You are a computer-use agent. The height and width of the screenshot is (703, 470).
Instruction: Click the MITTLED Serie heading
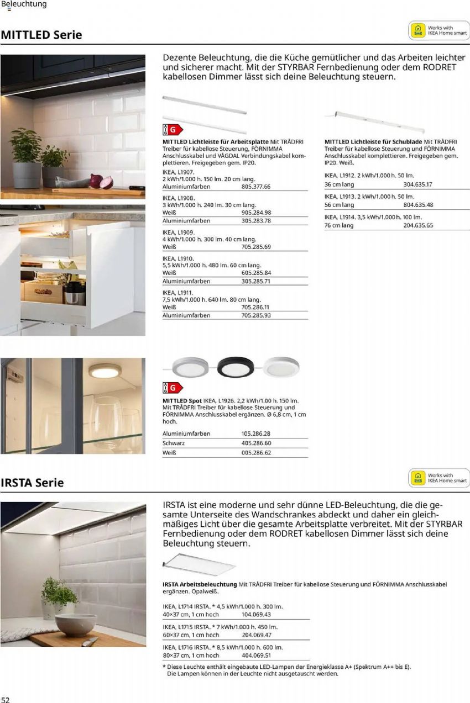(41, 35)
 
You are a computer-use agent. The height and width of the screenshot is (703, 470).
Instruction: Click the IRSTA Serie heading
(33, 483)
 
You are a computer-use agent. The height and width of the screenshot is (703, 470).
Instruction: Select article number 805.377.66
(256, 187)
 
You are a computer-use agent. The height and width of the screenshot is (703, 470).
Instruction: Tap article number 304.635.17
(418, 184)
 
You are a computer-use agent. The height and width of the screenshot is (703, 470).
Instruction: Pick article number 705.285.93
(256, 315)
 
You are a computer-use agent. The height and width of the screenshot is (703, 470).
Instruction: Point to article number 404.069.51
(256, 656)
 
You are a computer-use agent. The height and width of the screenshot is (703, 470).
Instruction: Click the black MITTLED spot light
(236, 366)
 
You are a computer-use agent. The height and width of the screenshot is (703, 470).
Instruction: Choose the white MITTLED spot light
(280, 366)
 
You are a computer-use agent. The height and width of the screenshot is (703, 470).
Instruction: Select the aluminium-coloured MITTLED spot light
(191, 366)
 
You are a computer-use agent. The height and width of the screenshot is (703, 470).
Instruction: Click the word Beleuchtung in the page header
(24, 4)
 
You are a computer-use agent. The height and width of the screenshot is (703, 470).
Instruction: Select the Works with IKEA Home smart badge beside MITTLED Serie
(439, 30)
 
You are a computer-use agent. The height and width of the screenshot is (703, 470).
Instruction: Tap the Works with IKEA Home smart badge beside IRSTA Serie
(439, 478)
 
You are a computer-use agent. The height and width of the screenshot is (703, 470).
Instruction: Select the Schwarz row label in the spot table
(174, 443)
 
